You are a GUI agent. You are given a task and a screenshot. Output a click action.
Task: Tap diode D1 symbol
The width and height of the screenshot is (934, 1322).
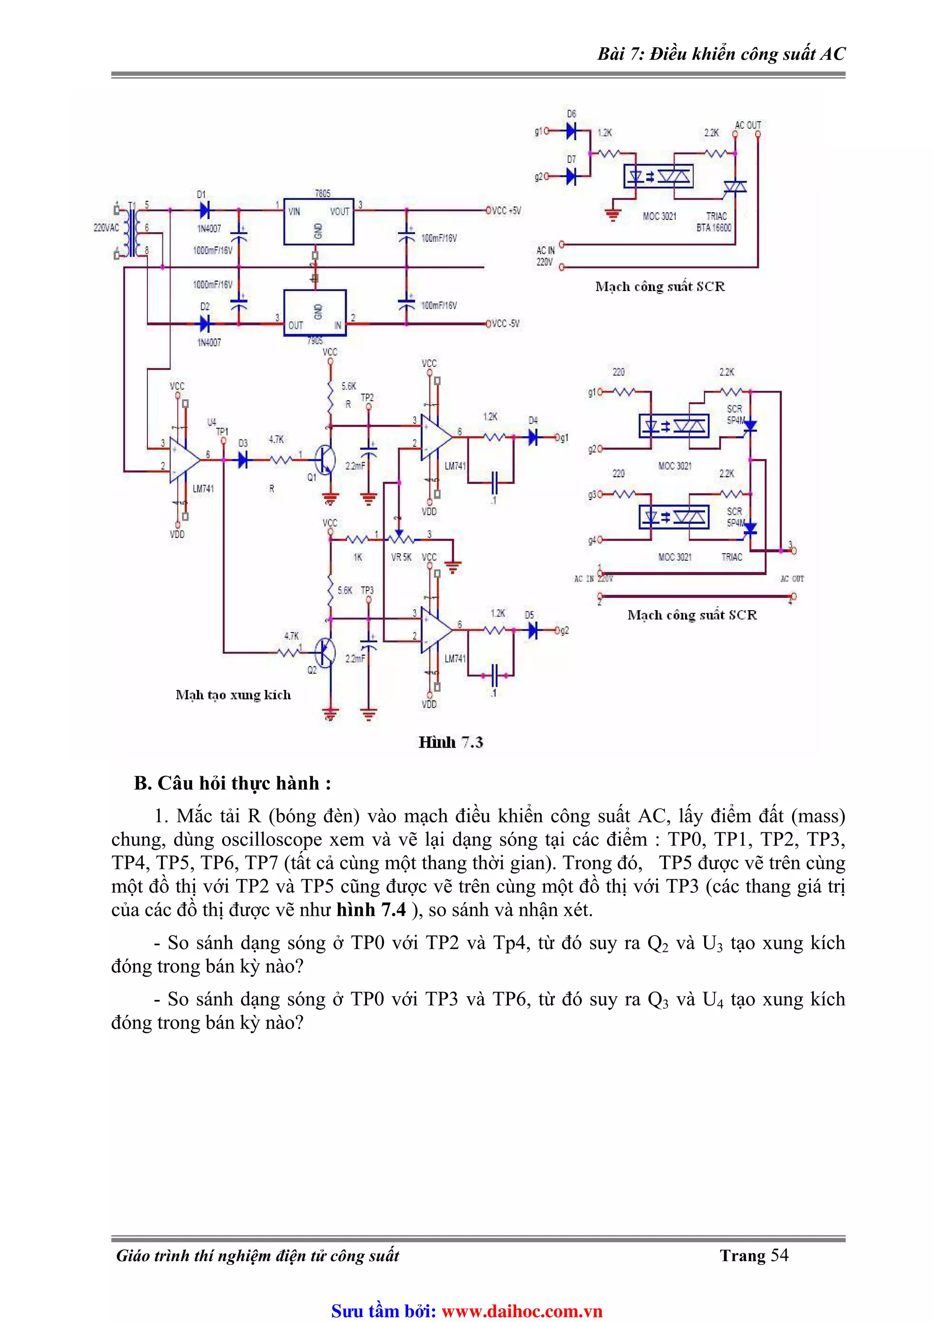pos(204,210)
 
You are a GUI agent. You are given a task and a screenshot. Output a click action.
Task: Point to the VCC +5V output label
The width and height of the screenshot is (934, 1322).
pos(506,211)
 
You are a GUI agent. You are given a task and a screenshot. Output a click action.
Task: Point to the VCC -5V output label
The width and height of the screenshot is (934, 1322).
pos(505,324)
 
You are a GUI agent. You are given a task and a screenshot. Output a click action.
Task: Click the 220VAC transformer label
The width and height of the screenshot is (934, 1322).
pos(106,228)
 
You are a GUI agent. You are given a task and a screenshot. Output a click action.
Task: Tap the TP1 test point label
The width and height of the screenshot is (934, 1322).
pos(222,431)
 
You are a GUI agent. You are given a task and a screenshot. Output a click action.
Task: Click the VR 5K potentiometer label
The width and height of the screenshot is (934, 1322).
pos(401,557)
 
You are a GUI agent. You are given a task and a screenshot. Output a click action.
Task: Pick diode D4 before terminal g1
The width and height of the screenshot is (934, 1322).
pos(533,438)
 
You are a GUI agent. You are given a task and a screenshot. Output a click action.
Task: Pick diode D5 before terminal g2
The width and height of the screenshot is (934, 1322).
pos(532,631)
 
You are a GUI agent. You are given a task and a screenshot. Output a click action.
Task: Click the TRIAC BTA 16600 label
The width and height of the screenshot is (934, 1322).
pos(715,222)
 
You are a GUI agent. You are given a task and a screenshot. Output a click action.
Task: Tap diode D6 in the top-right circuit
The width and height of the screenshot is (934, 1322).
pos(571,131)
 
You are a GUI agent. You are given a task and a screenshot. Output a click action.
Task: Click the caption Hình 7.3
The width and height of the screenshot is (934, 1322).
pos(451,742)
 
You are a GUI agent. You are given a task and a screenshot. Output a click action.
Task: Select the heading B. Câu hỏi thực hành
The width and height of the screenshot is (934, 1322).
pos(232,783)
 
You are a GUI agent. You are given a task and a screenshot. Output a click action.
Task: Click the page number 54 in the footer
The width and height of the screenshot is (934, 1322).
pos(779,1255)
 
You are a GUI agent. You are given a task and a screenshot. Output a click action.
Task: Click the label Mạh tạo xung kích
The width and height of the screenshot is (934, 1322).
pos(233,695)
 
